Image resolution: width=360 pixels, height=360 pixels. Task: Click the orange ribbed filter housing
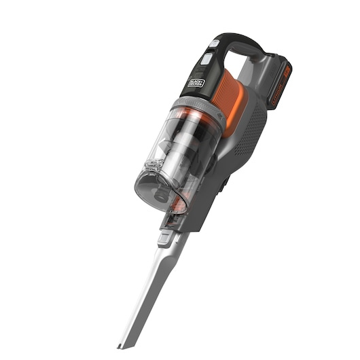tap(229, 95)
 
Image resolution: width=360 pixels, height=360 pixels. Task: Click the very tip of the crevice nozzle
tap(122, 344)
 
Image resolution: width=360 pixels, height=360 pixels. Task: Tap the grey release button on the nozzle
tap(165, 238)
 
